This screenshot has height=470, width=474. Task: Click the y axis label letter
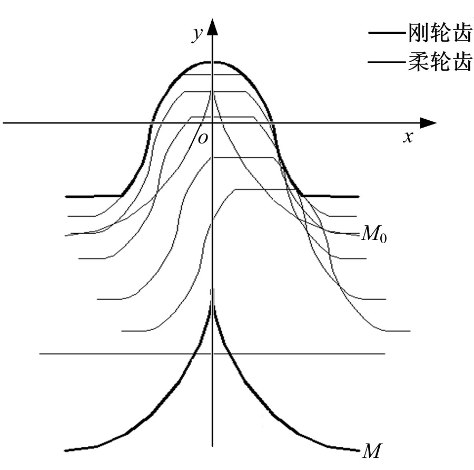click(x=197, y=34)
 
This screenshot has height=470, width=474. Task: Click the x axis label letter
click(x=408, y=137)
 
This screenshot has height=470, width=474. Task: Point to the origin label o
click(x=203, y=138)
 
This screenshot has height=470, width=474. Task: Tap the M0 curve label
click(x=374, y=234)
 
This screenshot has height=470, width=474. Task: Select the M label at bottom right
click(x=371, y=451)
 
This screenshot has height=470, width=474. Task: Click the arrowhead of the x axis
click(x=428, y=123)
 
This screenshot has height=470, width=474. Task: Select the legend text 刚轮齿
click(x=440, y=33)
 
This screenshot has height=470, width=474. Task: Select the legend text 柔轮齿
click(x=440, y=62)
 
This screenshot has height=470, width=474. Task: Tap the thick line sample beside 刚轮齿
click(x=388, y=33)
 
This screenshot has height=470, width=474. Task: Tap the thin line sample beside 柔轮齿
click(x=388, y=62)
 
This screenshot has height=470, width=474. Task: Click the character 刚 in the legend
click(x=418, y=33)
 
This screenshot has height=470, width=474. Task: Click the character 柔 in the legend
click(x=418, y=62)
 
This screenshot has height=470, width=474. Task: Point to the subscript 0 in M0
click(x=383, y=238)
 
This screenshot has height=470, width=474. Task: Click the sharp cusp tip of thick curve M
click(x=213, y=290)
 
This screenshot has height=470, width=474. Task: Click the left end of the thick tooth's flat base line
click(x=66, y=197)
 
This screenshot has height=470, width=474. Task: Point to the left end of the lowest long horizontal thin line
click(x=40, y=353)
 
